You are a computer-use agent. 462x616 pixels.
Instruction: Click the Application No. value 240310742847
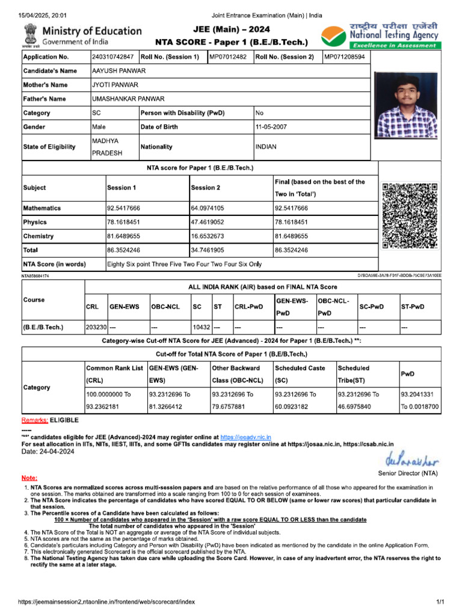click(x=113, y=57)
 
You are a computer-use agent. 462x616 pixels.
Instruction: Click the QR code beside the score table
click(x=410, y=215)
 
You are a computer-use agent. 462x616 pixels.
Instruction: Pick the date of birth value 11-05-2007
click(x=274, y=127)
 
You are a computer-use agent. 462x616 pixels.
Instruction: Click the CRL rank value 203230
click(x=96, y=328)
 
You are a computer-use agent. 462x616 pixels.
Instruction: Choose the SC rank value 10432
click(x=201, y=328)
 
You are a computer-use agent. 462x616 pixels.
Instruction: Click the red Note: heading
click(x=29, y=477)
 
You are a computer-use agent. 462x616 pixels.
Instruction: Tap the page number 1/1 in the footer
click(x=440, y=602)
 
